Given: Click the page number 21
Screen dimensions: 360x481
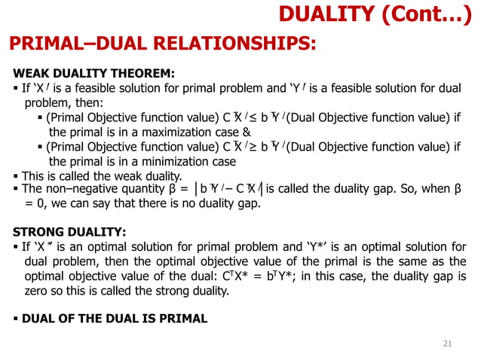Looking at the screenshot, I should point(446,343).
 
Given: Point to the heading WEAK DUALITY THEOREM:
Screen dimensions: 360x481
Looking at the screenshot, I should point(94,74).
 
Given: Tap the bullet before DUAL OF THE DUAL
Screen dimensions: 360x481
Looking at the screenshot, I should point(16,319).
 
